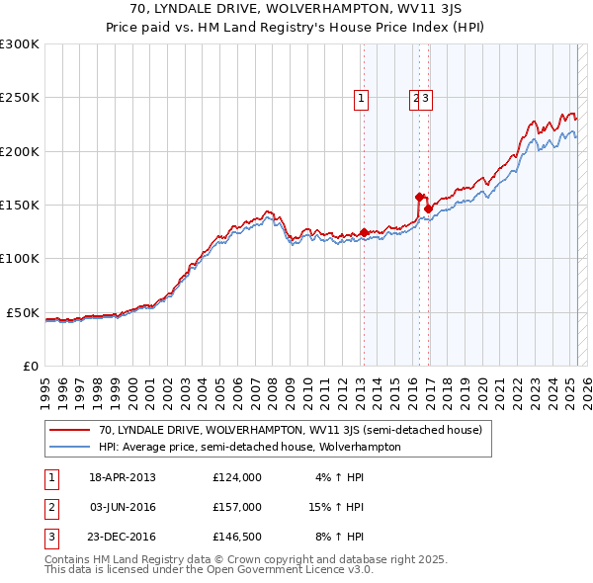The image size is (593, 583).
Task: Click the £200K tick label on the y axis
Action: pyautogui.click(x=20, y=151)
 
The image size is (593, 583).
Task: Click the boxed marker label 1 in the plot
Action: pyautogui.click(x=362, y=98)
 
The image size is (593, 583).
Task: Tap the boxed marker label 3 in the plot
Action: pyautogui.click(x=426, y=98)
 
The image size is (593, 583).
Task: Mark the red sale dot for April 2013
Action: pyautogui.click(x=364, y=232)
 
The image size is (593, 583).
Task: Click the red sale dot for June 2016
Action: pyautogui.click(x=419, y=197)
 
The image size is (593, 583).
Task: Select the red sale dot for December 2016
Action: pyautogui.click(x=428, y=208)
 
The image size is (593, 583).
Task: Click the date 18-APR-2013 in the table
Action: pyautogui.click(x=123, y=477)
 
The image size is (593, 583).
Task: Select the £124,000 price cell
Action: pyautogui.click(x=237, y=477)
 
